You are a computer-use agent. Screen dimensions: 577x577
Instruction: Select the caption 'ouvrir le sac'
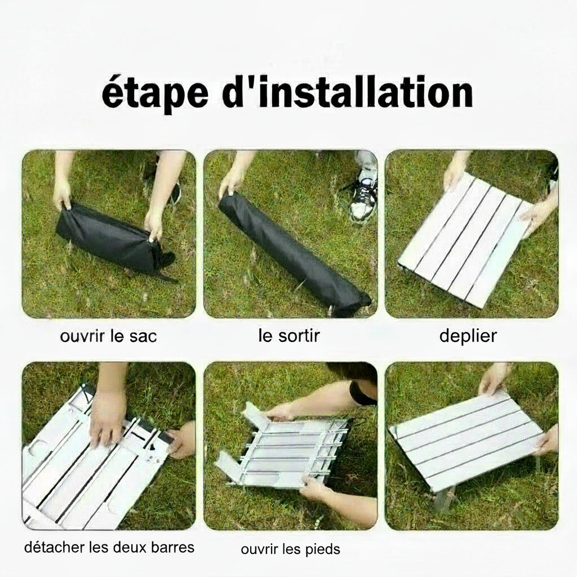pyautogui.click(x=108, y=336)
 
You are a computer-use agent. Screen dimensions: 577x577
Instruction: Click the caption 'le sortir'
pyautogui.click(x=289, y=336)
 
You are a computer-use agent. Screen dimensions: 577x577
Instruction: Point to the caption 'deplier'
pyautogui.click(x=468, y=336)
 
